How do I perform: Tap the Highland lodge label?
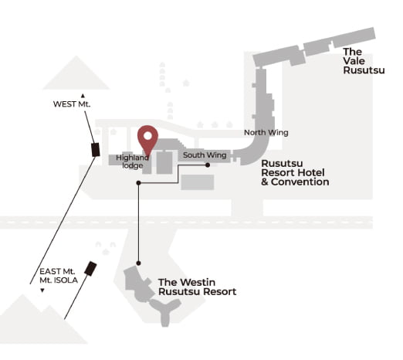click(x=132, y=161)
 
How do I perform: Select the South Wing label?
click(x=205, y=155)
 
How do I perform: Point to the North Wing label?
click(x=266, y=133)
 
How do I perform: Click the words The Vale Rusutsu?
click(x=364, y=61)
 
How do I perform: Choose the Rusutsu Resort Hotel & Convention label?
click(x=295, y=172)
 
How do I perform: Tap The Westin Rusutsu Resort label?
click(x=197, y=287)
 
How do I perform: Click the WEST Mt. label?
click(x=72, y=104)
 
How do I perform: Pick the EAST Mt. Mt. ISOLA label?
click(x=59, y=276)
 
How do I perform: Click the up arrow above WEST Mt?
click(x=83, y=96)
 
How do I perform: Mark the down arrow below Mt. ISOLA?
click(x=42, y=290)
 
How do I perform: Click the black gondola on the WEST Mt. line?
click(x=96, y=150)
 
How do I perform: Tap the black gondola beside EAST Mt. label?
click(x=90, y=269)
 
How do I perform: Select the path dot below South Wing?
click(x=208, y=165)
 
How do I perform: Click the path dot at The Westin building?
click(x=138, y=263)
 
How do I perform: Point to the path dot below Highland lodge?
click(x=138, y=183)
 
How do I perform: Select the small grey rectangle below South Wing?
click(x=198, y=182)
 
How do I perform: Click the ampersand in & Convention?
click(x=265, y=182)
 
